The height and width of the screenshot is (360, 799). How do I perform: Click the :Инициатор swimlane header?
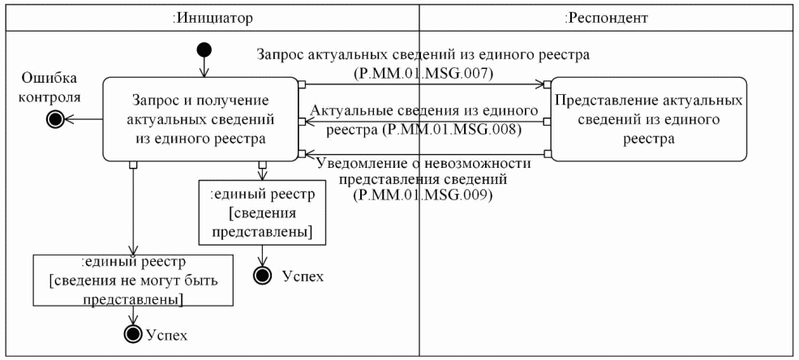[x=213, y=16]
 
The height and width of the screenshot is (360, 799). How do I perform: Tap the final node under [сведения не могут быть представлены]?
[x=131, y=333]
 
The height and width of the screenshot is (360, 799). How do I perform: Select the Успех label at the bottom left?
[x=165, y=333]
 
